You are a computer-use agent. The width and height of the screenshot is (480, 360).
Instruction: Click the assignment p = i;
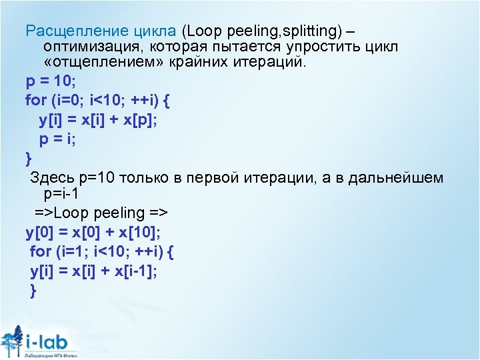click(x=57, y=139)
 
